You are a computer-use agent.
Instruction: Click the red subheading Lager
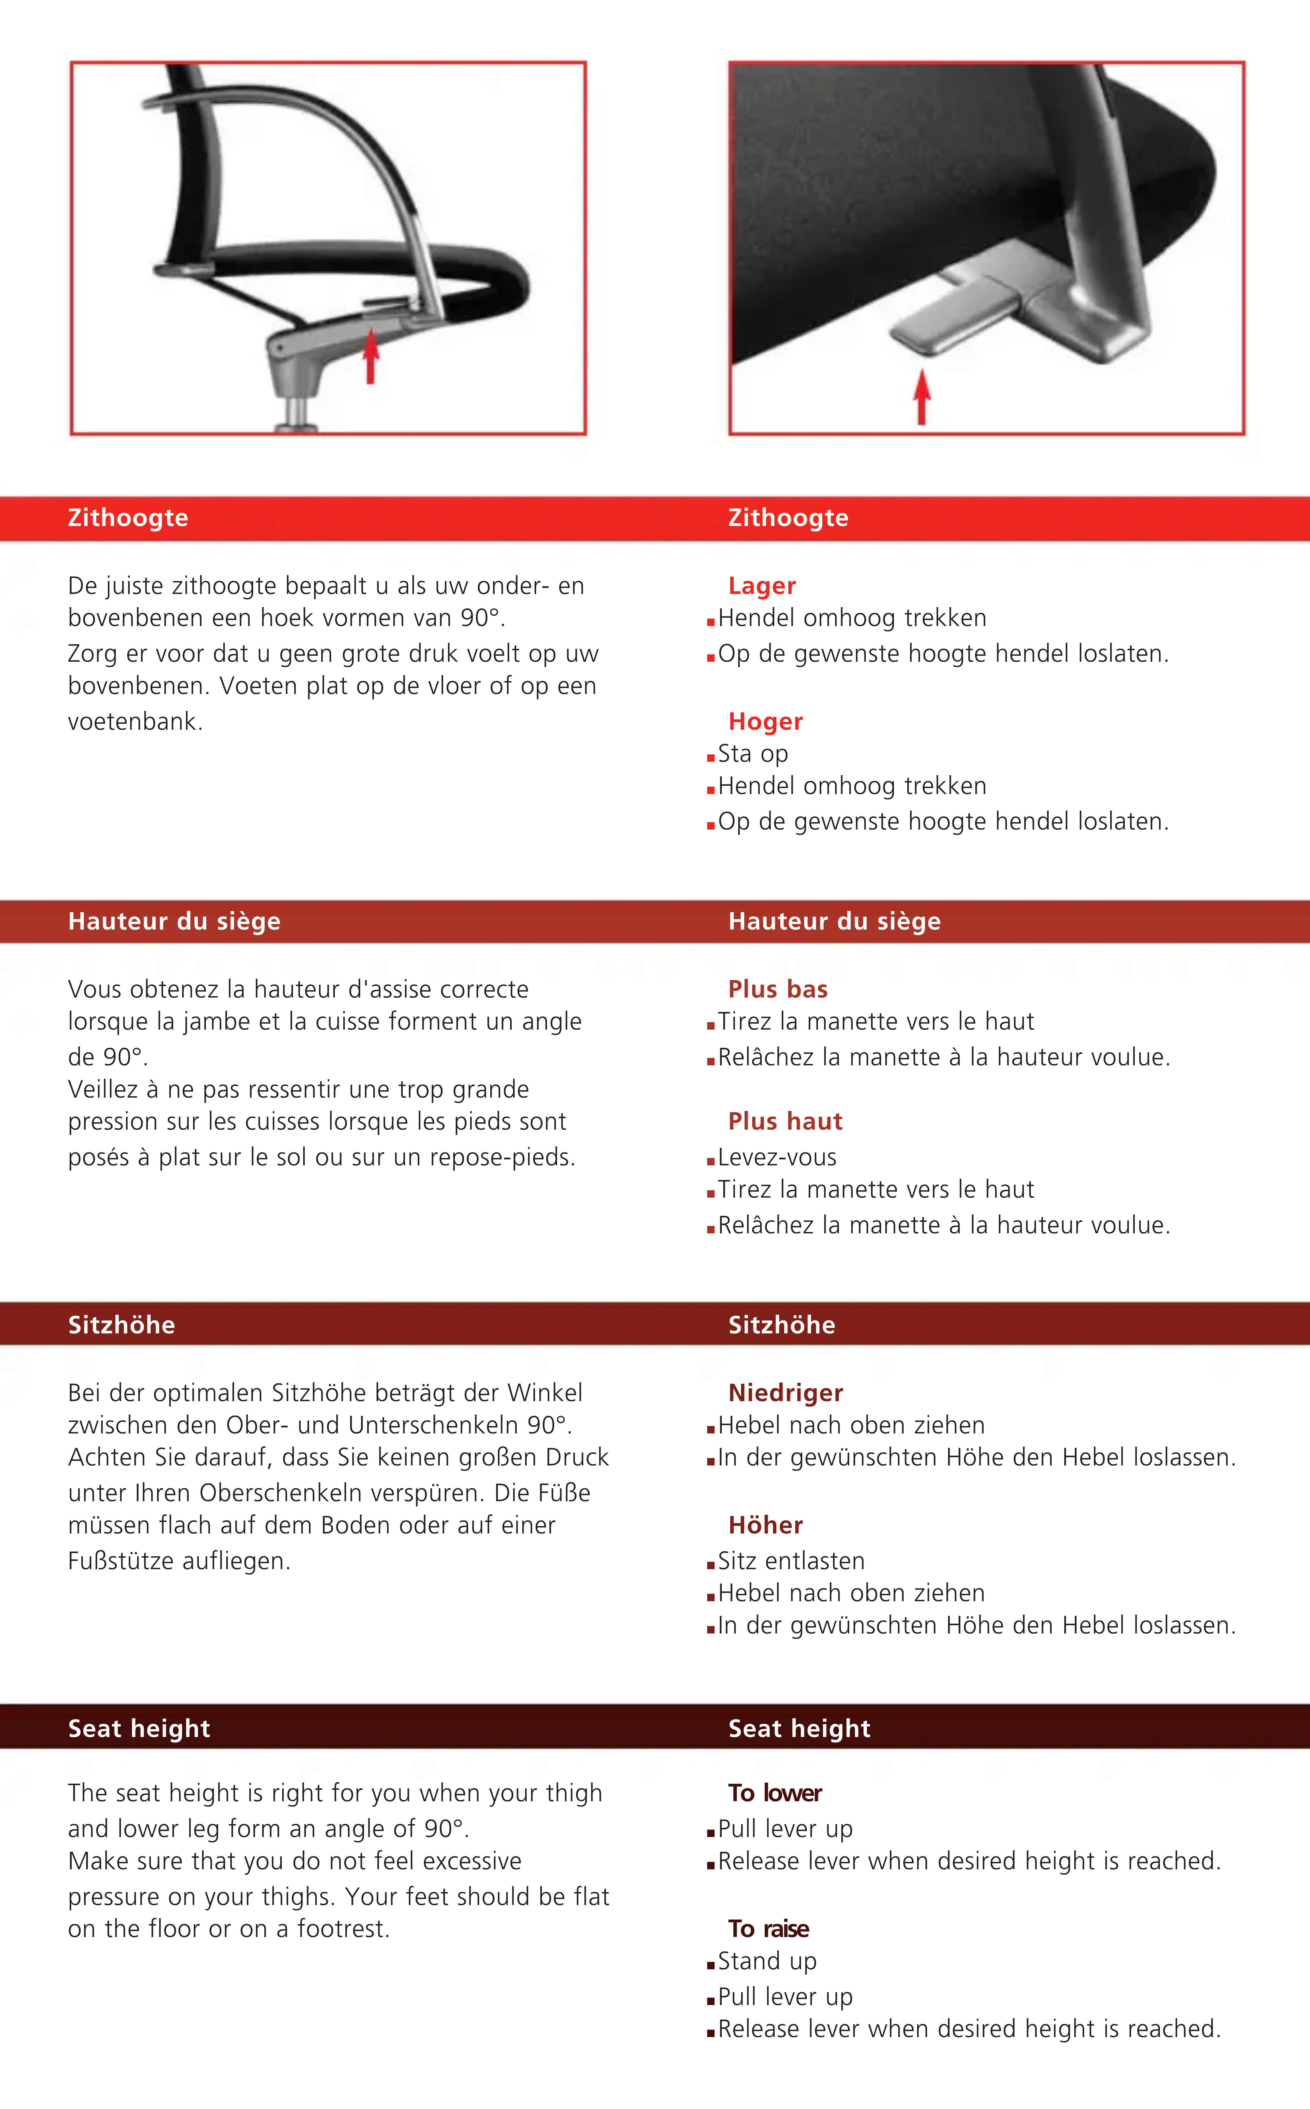tap(762, 586)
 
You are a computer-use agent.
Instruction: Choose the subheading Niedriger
tap(785, 1393)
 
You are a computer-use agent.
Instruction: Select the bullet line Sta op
tap(752, 754)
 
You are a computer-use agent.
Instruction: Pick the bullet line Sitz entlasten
tap(790, 1561)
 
